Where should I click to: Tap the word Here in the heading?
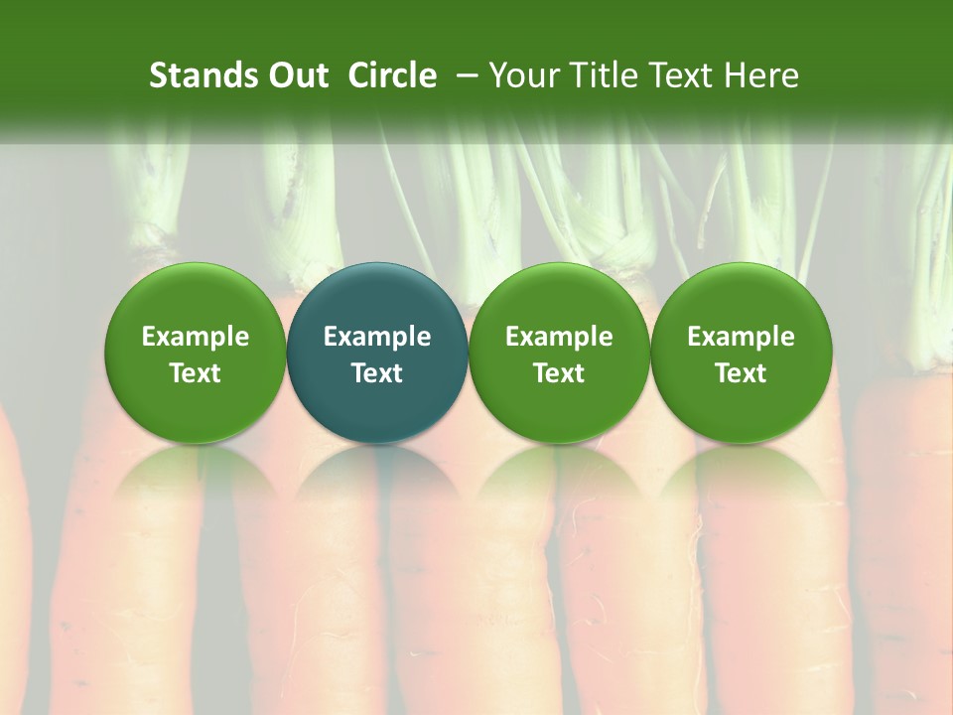pos(762,75)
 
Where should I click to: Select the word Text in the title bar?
pos(676,75)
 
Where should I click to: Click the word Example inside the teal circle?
pos(377,338)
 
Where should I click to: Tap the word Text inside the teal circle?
pos(377,373)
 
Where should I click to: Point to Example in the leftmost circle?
pos(195,338)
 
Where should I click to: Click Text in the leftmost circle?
pos(195,373)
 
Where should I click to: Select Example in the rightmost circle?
pos(741,338)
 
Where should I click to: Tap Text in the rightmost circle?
pos(741,373)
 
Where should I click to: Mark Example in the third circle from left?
pos(559,338)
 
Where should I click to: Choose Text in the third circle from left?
pos(559,373)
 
